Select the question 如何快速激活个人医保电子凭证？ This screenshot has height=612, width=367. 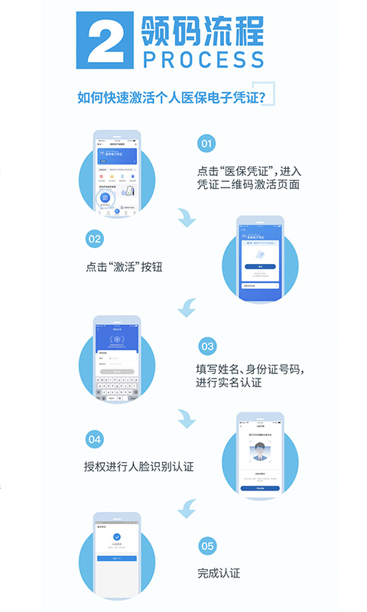point(172,97)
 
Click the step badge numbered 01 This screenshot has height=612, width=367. point(206,143)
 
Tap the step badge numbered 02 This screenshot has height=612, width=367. point(94,239)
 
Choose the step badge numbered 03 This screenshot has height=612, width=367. point(206,346)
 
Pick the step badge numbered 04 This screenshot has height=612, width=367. point(94,439)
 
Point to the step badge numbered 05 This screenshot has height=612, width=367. point(206,545)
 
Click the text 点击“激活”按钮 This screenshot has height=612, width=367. point(125,267)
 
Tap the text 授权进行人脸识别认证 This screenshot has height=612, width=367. point(138,466)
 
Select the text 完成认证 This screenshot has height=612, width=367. point(219,572)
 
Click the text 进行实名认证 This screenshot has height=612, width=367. point(229,382)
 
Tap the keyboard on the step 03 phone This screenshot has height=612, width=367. point(117,386)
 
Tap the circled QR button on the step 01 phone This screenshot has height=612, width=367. point(105,197)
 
